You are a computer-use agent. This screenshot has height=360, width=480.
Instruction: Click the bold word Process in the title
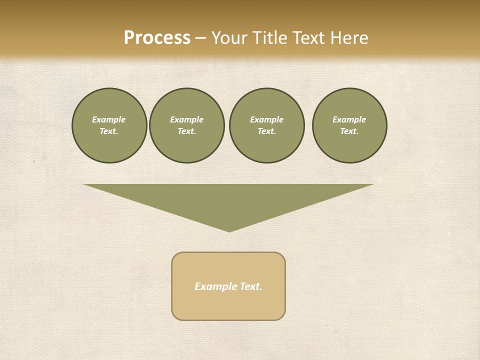pos(157,38)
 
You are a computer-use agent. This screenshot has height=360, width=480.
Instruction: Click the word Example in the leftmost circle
pos(109,119)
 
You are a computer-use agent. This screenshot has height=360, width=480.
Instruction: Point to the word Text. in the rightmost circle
pos(349,131)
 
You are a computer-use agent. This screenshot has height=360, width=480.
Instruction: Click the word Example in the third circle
pos(266,119)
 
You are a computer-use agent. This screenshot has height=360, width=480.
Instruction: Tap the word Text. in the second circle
pos(186,131)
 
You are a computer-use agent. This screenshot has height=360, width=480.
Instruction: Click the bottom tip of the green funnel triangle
pos(229,230)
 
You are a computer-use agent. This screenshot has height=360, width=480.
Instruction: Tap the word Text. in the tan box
pos(251,286)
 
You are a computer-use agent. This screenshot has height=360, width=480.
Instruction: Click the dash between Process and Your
pos(200,38)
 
